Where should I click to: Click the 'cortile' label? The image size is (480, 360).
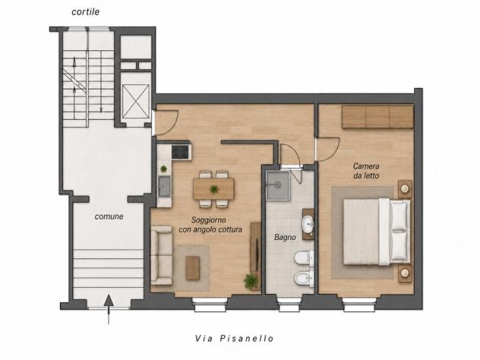point(85,12)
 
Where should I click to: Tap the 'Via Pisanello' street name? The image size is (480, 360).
point(235,338)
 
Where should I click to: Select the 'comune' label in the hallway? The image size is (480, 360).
point(109,216)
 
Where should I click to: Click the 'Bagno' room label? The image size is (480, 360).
point(285,237)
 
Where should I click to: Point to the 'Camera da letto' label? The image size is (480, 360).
point(366,171)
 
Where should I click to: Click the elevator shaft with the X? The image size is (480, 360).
point(136,101)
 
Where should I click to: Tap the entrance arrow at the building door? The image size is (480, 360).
point(109,309)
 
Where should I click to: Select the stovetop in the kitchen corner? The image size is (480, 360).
point(182,152)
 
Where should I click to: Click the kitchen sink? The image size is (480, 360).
point(164,186)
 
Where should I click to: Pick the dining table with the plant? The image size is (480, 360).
point(213,189)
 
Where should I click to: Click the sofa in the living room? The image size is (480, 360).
point(162,255)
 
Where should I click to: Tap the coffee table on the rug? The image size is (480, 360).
point(193,268)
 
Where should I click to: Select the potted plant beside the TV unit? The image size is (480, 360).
point(251,281)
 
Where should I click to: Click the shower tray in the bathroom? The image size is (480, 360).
point(278,186)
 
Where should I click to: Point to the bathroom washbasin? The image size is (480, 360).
point(308,224)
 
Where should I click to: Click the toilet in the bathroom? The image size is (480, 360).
point(304,257)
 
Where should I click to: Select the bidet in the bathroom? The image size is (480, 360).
point(304,279)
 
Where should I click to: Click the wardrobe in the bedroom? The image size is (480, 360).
point(377,117)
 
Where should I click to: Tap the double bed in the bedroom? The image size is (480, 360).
point(377,232)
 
